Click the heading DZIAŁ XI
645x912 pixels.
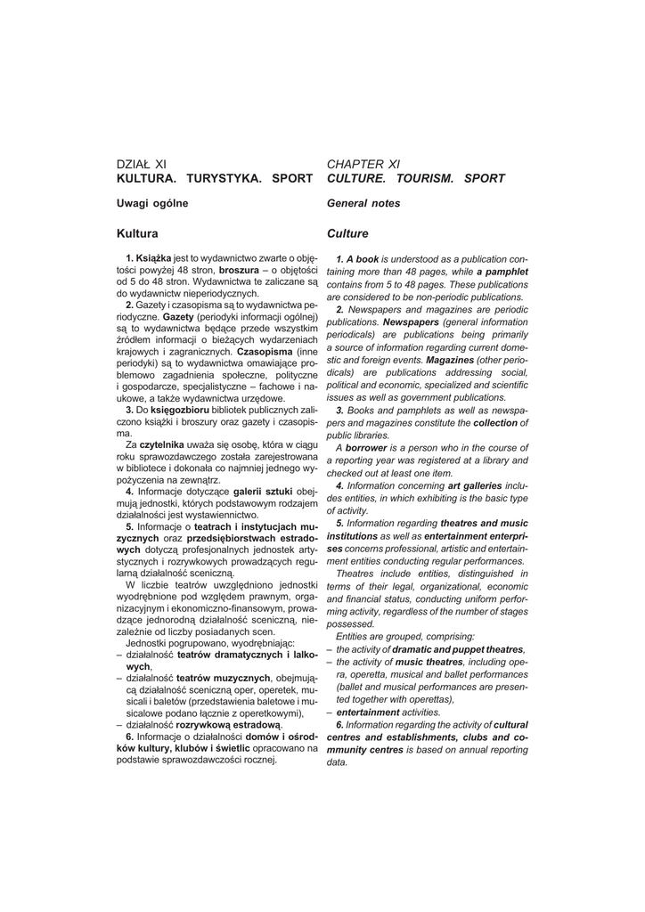coord(142,164)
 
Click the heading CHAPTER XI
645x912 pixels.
coord(363,164)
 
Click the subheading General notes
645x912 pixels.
coord(363,204)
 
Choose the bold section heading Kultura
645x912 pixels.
coord(137,233)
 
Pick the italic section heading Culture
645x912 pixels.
coord(347,233)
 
